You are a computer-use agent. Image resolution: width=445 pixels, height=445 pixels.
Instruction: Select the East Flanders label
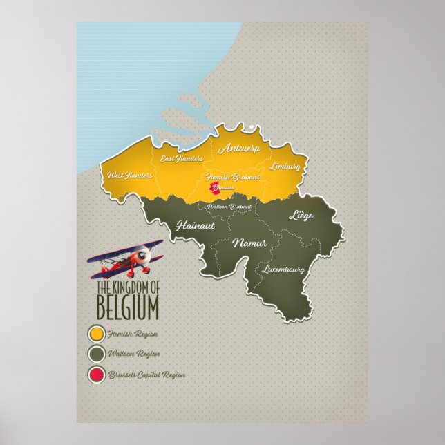click(182, 159)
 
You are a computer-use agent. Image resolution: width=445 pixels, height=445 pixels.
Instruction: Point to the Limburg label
click(285, 167)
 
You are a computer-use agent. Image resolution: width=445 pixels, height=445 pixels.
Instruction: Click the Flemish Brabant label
click(234, 177)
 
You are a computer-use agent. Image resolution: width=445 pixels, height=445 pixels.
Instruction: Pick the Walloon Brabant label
click(229, 206)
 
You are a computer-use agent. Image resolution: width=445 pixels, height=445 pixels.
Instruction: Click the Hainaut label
click(196, 225)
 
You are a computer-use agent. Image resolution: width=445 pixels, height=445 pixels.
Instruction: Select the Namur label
click(248, 243)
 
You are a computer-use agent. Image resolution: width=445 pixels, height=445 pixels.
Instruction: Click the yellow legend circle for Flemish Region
click(95, 334)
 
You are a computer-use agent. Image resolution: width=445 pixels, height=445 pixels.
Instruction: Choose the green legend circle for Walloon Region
click(95, 354)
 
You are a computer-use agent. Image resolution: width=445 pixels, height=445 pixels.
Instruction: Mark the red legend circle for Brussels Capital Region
click(95, 375)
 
